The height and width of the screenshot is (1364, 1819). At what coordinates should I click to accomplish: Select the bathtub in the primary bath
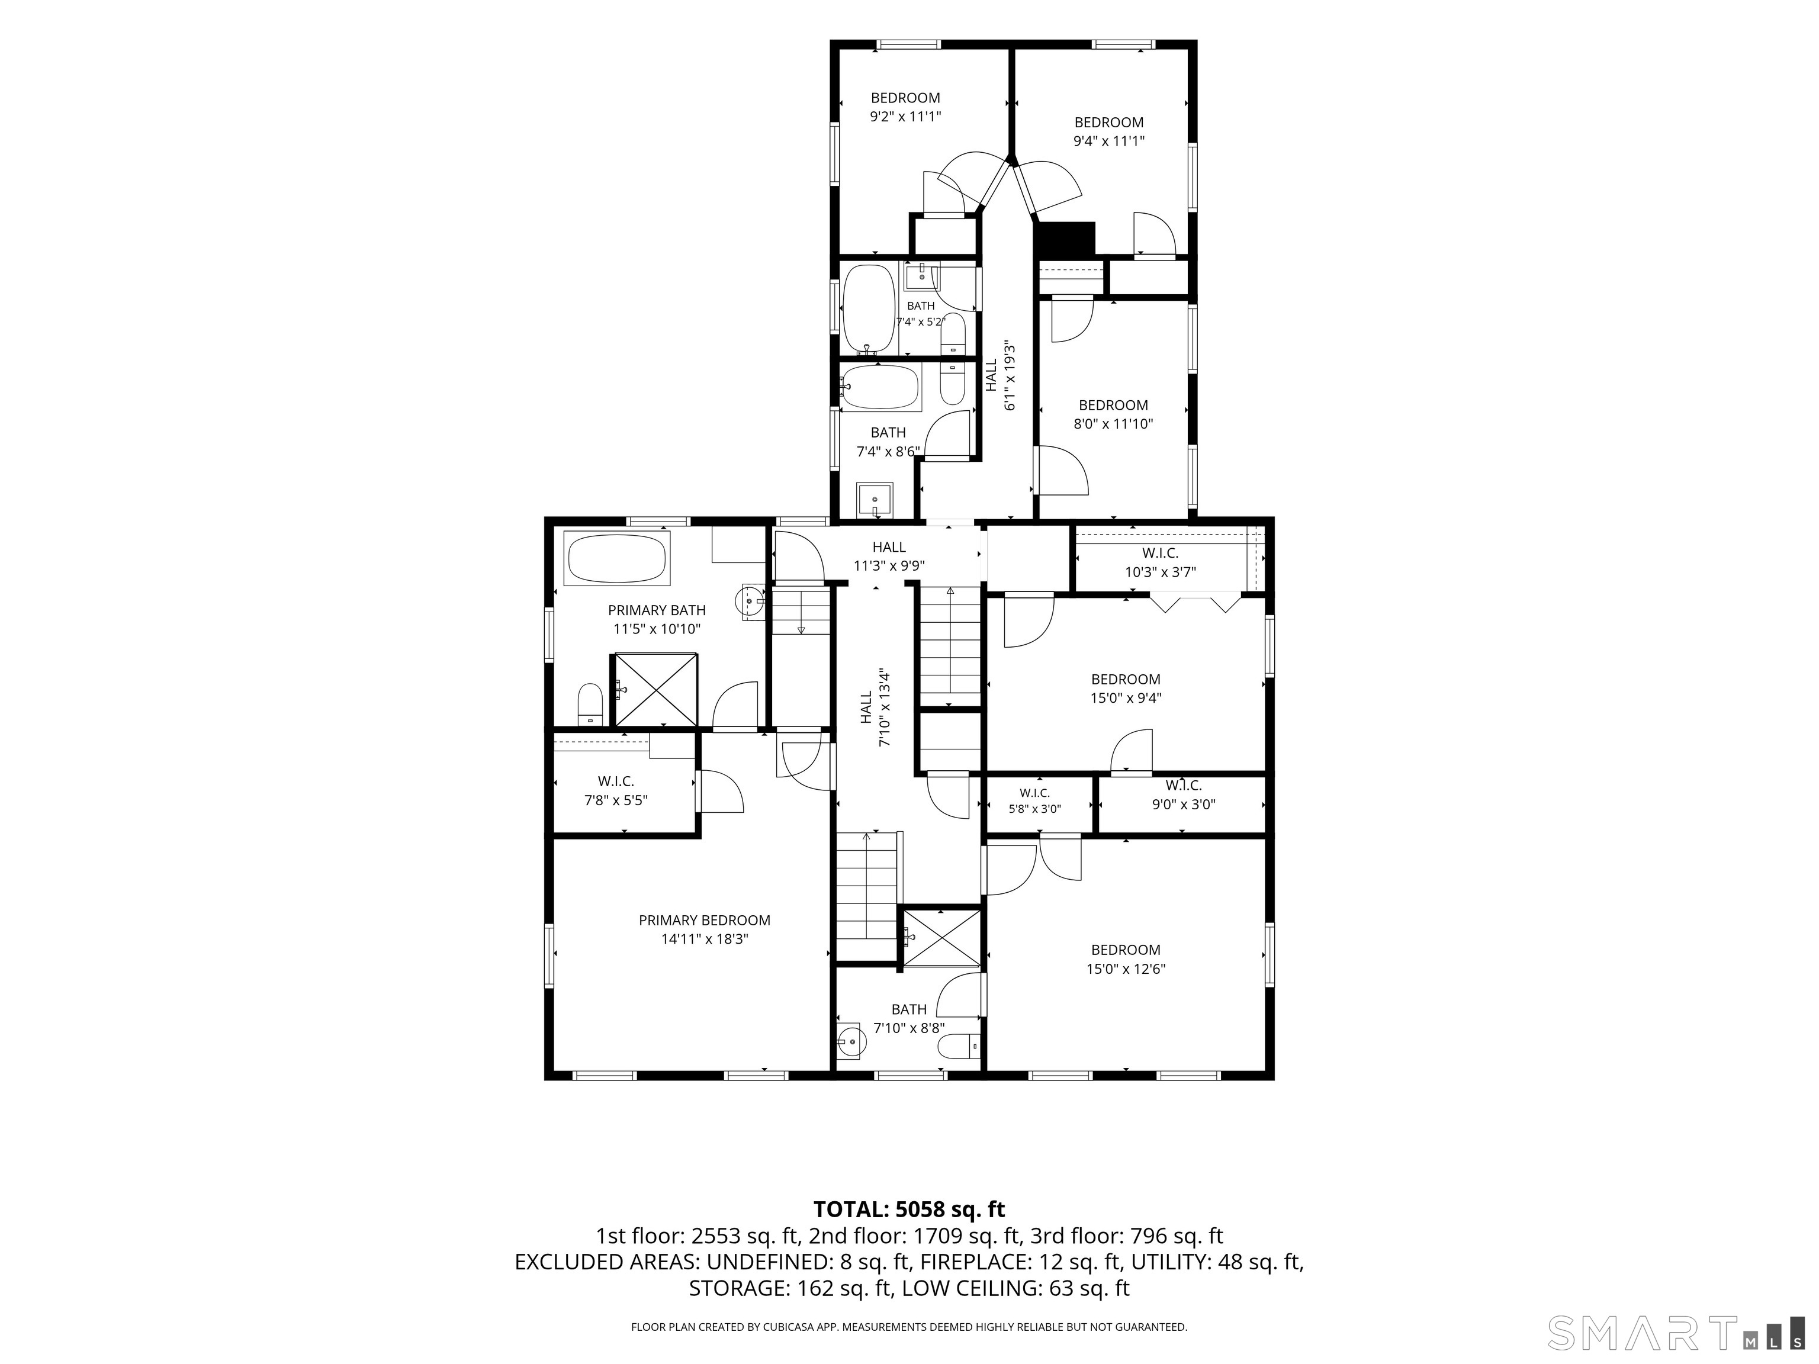coord(618,559)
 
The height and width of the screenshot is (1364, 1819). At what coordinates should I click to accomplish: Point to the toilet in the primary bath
coord(590,704)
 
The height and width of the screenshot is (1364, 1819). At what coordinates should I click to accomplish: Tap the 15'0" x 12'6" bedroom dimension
coord(1125,969)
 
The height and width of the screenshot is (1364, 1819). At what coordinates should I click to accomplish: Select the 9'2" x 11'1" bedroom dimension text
coord(905,117)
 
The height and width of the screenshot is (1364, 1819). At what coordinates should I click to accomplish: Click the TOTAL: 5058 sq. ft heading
coord(909,1209)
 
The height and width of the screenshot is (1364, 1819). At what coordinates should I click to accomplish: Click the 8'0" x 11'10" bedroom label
coord(1113,414)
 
